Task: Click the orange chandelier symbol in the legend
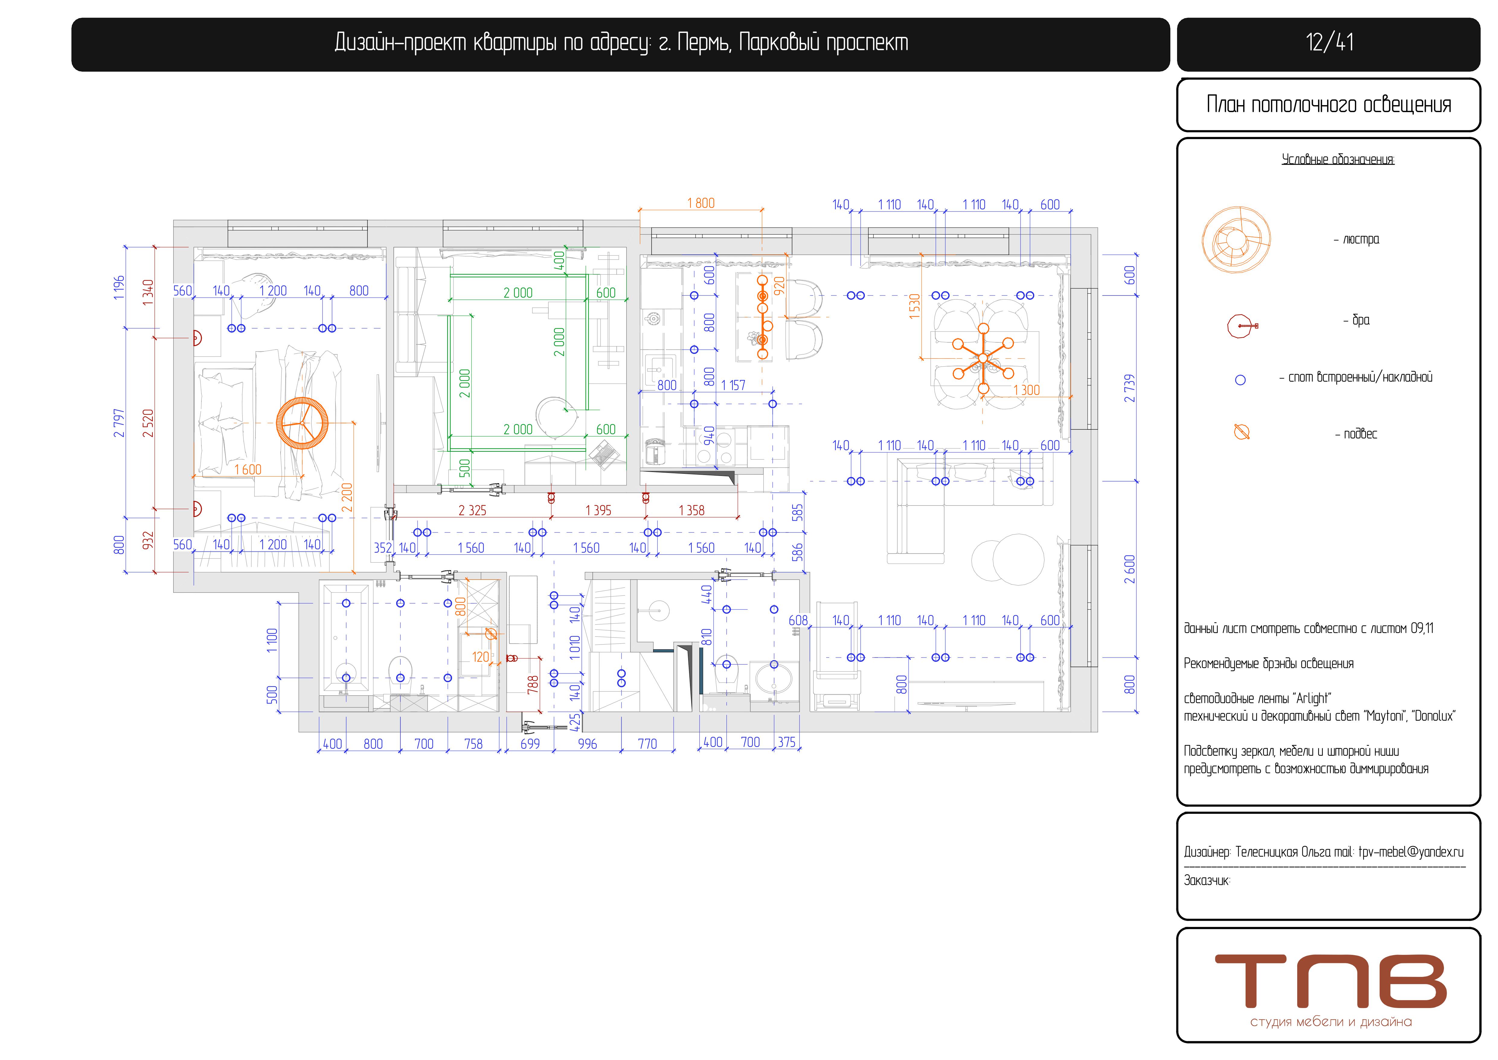tap(1237, 240)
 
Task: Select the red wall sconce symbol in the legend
tap(1242, 326)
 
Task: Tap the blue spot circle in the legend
tap(1240, 380)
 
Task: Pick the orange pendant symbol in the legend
tap(1242, 432)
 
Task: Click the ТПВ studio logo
tap(1330, 989)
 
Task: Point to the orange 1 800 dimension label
tap(701, 203)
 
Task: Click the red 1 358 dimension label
tap(691, 510)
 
